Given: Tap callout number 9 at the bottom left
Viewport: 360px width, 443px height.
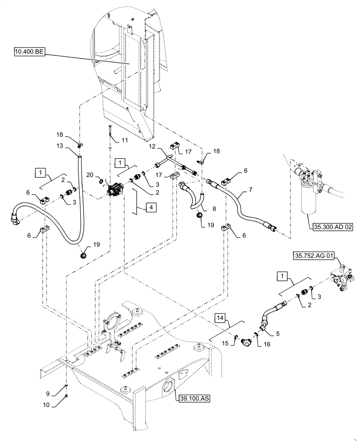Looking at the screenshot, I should (x=53, y=393).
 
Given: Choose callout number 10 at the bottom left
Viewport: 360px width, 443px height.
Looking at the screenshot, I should (x=53, y=404).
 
